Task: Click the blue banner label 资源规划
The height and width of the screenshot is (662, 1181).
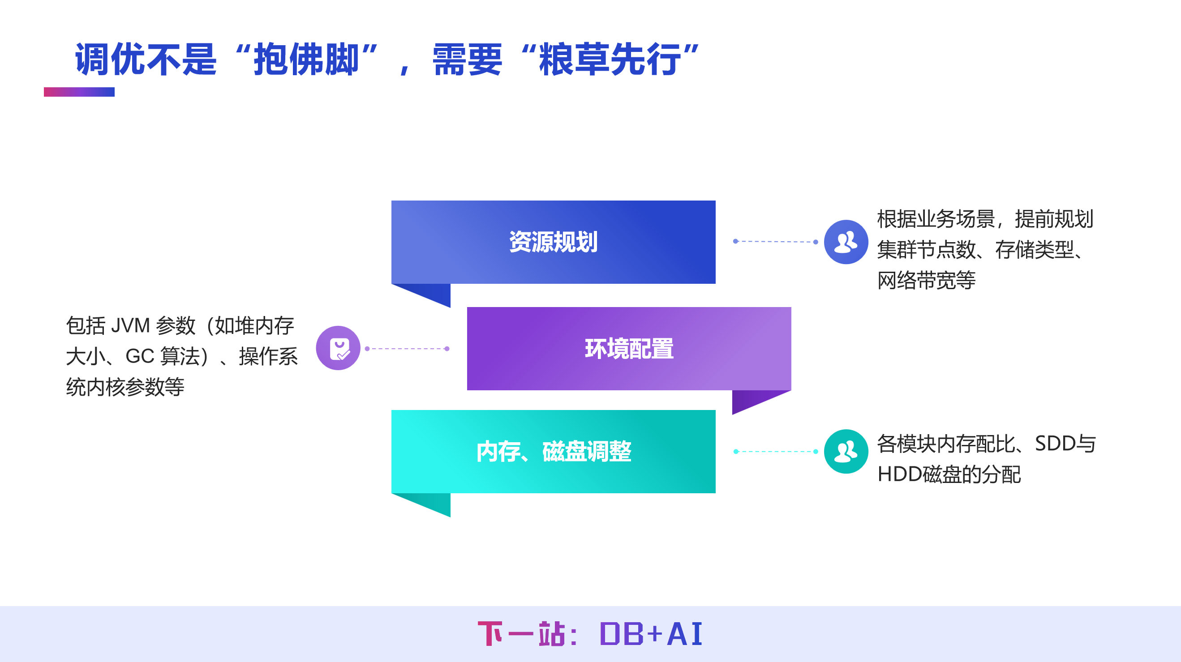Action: [x=553, y=242]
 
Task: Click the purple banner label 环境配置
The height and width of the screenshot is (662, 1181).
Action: [x=628, y=349]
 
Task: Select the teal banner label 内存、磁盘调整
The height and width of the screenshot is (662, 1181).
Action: [x=553, y=452]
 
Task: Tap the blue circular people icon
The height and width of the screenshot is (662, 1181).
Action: [x=846, y=242]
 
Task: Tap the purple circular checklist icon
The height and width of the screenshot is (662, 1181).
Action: [x=338, y=348]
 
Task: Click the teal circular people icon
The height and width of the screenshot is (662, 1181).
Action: [x=846, y=452]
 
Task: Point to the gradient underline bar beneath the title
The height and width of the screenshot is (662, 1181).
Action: [x=79, y=92]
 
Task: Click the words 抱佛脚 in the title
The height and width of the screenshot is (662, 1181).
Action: [x=306, y=60]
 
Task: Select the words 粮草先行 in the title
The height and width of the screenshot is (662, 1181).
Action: [x=610, y=60]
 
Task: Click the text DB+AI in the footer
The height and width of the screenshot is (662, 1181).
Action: [x=651, y=635]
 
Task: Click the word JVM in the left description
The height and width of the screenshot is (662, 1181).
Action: [x=130, y=326]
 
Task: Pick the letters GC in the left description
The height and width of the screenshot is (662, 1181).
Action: [x=139, y=356]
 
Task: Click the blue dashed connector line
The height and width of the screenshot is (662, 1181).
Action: [x=775, y=241]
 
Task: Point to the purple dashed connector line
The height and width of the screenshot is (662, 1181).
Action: [x=407, y=349]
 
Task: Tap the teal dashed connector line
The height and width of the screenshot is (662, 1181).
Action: [x=775, y=452]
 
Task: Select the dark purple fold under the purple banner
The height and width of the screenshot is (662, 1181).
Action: [x=750, y=400]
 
